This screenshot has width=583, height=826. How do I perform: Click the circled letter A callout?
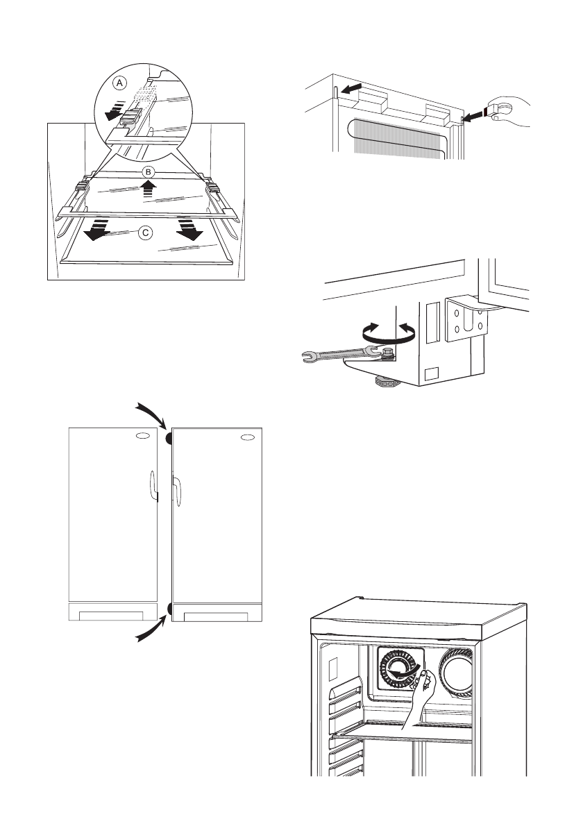click(x=120, y=83)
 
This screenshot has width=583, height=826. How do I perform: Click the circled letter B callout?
click(x=149, y=172)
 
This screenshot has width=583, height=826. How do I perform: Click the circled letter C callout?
click(x=146, y=233)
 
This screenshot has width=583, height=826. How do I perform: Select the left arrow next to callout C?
click(x=97, y=230)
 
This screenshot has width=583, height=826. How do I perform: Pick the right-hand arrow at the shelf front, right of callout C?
click(x=189, y=230)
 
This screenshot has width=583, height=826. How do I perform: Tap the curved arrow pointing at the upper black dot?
click(x=153, y=415)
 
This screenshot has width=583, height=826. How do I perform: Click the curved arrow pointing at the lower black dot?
click(x=152, y=630)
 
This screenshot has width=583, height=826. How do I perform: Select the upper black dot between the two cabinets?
click(x=169, y=438)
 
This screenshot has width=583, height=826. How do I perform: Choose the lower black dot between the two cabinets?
click(x=169, y=609)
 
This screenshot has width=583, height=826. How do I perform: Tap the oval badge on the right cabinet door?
click(x=248, y=437)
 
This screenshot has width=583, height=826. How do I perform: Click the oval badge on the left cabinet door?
click(x=143, y=437)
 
